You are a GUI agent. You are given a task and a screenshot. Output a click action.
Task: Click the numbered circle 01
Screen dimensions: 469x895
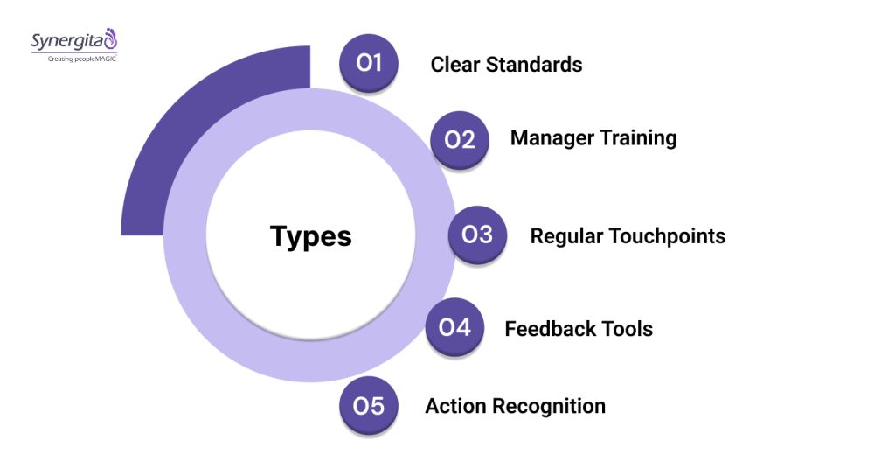click(369, 63)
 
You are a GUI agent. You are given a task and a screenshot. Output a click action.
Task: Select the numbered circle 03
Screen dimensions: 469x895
click(477, 235)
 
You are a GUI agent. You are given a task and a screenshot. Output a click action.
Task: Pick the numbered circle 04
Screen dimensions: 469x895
click(454, 328)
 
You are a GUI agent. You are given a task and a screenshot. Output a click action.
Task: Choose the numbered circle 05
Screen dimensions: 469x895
click(369, 406)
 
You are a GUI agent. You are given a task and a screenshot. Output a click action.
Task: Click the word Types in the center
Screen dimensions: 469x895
click(310, 236)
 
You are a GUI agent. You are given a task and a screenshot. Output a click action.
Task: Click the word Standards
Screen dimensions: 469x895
click(534, 64)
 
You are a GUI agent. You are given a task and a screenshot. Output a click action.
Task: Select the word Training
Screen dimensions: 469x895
click(638, 138)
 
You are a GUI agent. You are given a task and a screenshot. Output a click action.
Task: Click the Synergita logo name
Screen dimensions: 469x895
click(66, 40)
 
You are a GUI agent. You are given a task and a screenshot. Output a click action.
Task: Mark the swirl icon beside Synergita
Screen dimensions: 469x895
click(110, 38)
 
